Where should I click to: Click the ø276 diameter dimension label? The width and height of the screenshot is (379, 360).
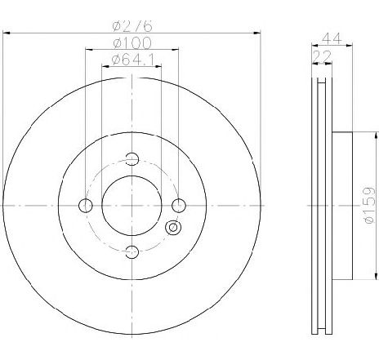click(x=132, y=26)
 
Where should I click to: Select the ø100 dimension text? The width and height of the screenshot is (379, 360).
click(x=132, y=42)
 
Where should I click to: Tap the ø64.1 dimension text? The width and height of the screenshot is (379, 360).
click(x=133, y=60)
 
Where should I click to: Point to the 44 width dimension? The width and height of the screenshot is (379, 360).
click(x=332, y=38)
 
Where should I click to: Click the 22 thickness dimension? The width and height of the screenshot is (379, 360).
click(x=322, y=57)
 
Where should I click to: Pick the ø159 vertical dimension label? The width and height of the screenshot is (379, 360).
click(x=369, y=206)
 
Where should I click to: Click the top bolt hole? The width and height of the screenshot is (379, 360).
click(x=132, y=158)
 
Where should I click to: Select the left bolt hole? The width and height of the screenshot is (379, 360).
click(x=86, y=206)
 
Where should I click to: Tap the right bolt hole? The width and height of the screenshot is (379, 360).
click(x=179, y=206)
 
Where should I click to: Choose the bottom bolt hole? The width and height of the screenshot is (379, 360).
click(x=132, y=252)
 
